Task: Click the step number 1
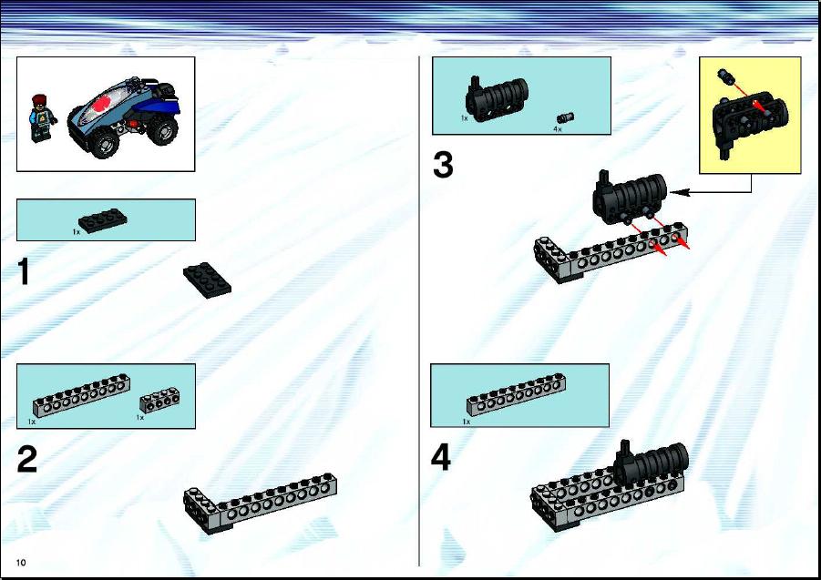coord(24,272)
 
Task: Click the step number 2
coord(27,459)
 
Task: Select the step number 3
coord(443,165)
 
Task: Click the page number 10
coord(21,563)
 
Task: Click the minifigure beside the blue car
coord(42,118)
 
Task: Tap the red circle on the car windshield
coord(108,104)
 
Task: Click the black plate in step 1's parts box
coord(103,220)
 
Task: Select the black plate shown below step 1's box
coord(208,280)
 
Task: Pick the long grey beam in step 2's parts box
coord(82,395)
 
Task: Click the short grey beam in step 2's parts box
coord(159,400)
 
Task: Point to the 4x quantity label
coord(558,128)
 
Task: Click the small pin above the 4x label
coord(566,117)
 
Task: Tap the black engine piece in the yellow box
coord(749,122)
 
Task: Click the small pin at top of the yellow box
coord(725,76)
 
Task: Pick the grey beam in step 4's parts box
coord(517,395)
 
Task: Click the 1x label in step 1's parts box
coord(77,231)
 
